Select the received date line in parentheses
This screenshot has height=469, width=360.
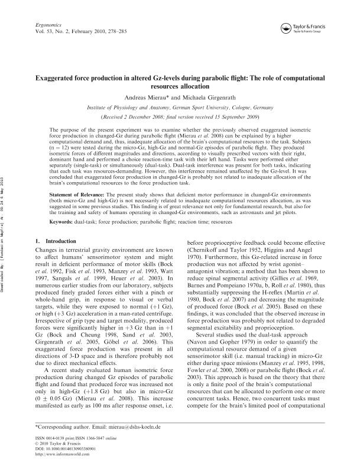[180, 117]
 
